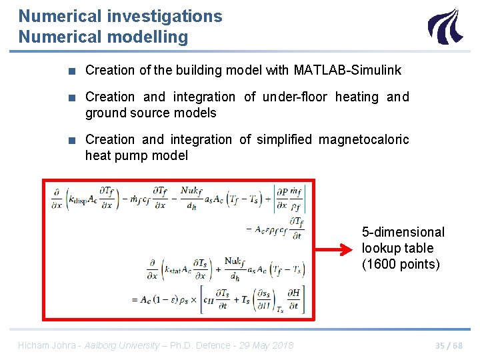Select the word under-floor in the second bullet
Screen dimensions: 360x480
pyautogui.click(x=295, y=97)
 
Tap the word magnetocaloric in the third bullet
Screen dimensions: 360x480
pyautogui.click(x=364, y=139)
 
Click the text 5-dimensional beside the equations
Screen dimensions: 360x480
pyautogui.click(x=403, y=232)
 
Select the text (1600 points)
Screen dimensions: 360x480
pyautogui.click(x=401, y=264)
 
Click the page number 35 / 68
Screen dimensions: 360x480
pyautogui.click(x=449, y=345)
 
